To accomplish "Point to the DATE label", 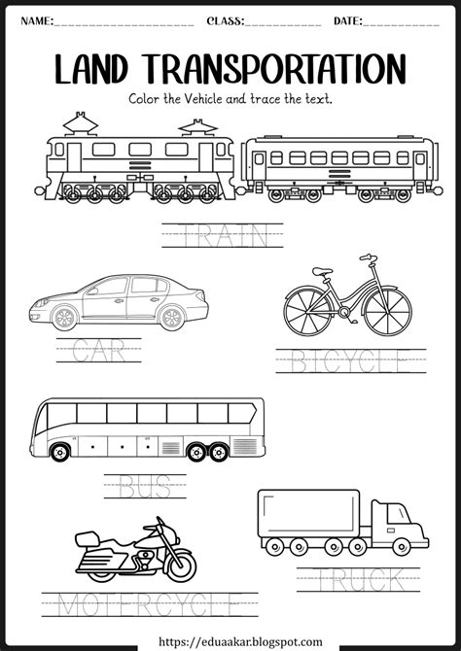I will [x=347, y=20].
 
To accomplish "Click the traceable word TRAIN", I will [x=223, y=234].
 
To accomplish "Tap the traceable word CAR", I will [x=98, y=349].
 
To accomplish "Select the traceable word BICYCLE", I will [x=351, y=361].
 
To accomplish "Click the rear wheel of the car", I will [x=171, y=318].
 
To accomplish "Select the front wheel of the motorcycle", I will [x=178, y=565].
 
